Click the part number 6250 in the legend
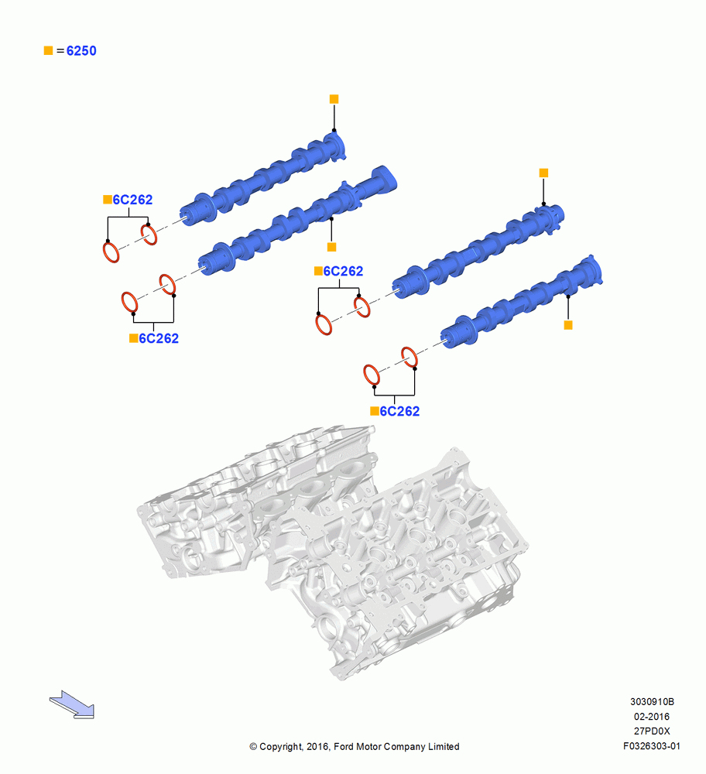pyautogui.click(x=81, y=51)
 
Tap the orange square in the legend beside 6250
pyautogui.click(x=49, y=50)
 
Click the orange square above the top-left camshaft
pyautogui.click(x=334, y=99)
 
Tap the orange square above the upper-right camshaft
pyautogui.click(x=543, y=173)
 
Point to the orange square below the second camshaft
pyautogui.click(x=332, y=247)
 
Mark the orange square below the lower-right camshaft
pyautogui.click(x=568, y=325)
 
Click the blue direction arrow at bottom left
pyautogui.click(x=72, y=704)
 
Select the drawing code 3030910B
pyautogui.click(x=652, y=701)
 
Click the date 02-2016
pyautogui.click(x=652, y=716)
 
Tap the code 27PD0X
pyautogui.click(x=652, y=731)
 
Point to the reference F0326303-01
pyautogui.click(x=652, y=746)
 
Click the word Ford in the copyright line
pyautogui.click(x=344, y=746)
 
